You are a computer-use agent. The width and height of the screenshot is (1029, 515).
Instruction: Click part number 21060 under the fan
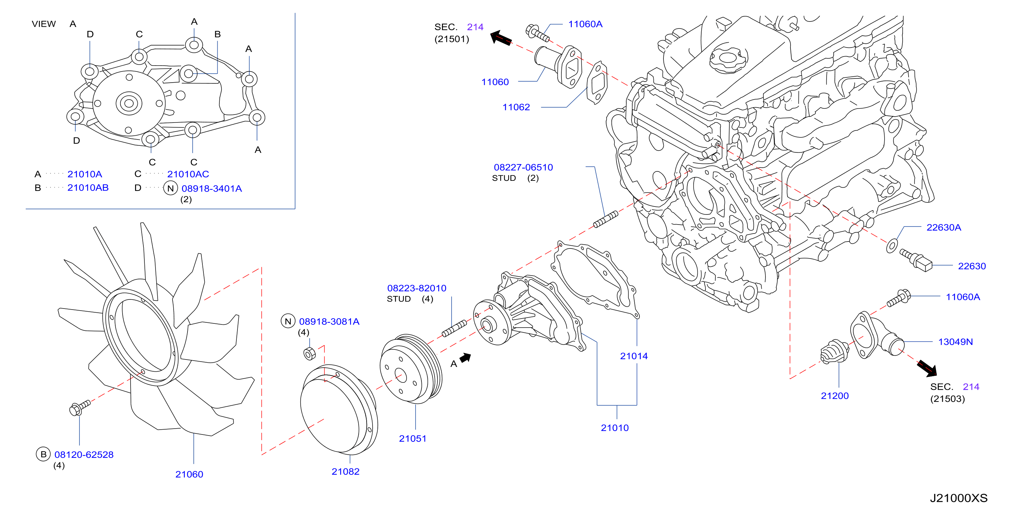(189, 474)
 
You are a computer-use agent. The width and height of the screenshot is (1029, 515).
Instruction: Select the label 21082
(345, 472)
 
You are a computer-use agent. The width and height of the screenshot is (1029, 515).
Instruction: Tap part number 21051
(413, 438)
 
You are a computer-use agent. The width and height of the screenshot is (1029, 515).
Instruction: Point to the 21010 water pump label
(615, 428)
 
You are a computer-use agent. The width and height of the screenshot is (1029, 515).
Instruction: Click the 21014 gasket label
(634, 356)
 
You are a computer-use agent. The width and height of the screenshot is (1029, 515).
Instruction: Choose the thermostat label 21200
(835, 396)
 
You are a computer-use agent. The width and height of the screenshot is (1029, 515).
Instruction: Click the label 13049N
(955, 342)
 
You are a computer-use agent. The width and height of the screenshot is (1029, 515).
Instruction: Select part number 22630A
(944, 227)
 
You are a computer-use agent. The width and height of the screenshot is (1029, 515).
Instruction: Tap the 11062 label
(516, 107)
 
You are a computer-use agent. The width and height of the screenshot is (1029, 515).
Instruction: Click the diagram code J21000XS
(959, 498)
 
